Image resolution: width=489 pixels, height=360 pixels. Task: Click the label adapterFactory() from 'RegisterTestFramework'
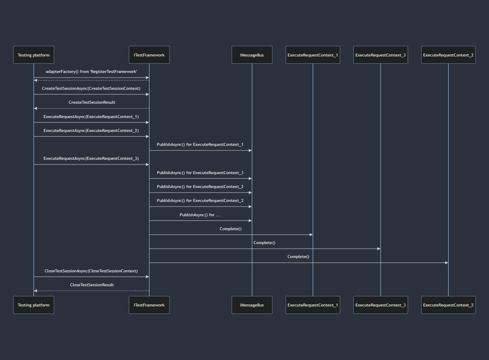(x=91, y=72)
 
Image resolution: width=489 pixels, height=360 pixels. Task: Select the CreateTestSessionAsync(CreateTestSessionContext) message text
(x=91, y=89)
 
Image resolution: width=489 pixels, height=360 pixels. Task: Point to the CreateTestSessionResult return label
(x=92, y=102)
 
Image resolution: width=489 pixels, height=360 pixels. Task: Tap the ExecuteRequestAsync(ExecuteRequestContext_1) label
(x=91, y=116)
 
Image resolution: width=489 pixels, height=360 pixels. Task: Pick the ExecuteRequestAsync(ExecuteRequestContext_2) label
(x=91, y=131)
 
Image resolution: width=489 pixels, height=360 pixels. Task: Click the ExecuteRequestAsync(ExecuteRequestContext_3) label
(x=91, y=159)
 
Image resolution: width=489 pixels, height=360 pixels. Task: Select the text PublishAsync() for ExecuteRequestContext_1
(x=200, y=145)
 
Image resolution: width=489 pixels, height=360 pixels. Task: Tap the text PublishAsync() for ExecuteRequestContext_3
(x=200, y=173)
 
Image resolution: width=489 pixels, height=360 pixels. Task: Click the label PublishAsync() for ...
(x=200, y=215)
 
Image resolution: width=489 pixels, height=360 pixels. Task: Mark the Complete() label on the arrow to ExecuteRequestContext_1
(x=231, y=229)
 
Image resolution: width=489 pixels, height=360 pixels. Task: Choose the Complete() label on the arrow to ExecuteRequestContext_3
(x=264, y=243)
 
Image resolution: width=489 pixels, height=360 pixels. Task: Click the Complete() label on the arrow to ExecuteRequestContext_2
(x=298, y=257)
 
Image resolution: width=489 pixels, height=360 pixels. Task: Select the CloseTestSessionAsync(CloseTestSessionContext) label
(x=91, y=271)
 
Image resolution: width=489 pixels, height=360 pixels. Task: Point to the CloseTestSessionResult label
(x=92, y=285)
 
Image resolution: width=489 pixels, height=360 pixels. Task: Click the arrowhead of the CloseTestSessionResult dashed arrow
(x=36, y=291)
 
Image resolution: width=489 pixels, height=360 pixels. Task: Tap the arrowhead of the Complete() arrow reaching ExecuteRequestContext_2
(x=446, y=263)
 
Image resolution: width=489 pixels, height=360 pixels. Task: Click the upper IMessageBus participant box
(x=252, y=55)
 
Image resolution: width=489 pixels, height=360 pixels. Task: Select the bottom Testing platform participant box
(x=34, y=305)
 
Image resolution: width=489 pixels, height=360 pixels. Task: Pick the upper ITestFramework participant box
(x=149, y=55)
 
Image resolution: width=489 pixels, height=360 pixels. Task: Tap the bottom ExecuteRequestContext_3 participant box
(x=381, y=305)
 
